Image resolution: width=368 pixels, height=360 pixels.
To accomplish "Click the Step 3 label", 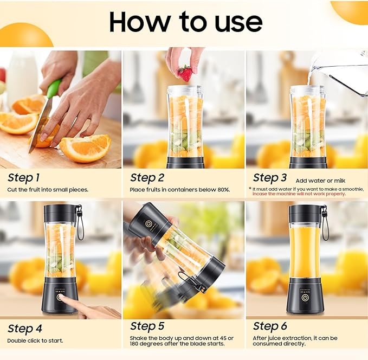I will [270, 177].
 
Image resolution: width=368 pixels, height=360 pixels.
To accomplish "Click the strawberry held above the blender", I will [185, 73].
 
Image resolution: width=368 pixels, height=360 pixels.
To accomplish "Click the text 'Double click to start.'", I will [35, 340].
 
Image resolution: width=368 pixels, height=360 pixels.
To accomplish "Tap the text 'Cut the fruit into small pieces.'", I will [48, 190].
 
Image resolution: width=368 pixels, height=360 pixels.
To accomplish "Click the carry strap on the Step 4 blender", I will [80, 222].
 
